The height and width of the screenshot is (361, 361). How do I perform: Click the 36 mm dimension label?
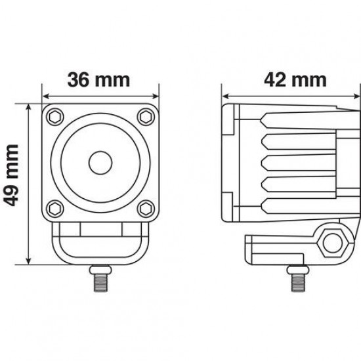(x=100, y=81)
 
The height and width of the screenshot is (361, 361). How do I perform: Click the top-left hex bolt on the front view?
(x=55, y=116)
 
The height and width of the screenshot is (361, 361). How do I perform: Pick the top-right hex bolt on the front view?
(x=144, y=116)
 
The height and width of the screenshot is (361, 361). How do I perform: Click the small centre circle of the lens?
(x=100, y=161)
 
